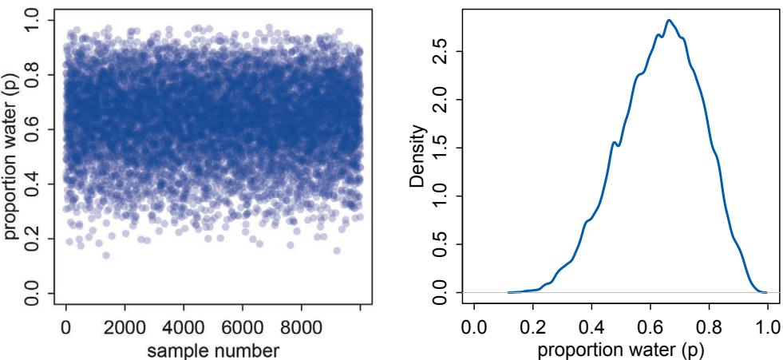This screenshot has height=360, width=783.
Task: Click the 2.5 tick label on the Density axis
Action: [438, 52]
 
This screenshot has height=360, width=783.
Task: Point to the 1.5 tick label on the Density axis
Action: [438, 148]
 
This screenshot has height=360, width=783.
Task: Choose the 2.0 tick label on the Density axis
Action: [438, 100]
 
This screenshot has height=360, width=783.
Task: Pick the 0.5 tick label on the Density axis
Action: [438, 244]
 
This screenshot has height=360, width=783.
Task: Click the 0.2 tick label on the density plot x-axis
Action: [533, 326]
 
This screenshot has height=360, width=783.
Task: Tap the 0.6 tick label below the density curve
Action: [651, 326]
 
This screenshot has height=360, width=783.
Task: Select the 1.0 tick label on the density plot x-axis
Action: [768, 326]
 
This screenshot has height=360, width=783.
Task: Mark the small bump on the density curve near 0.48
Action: [613, 143]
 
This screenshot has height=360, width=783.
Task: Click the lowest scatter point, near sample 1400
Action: [105, 255]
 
